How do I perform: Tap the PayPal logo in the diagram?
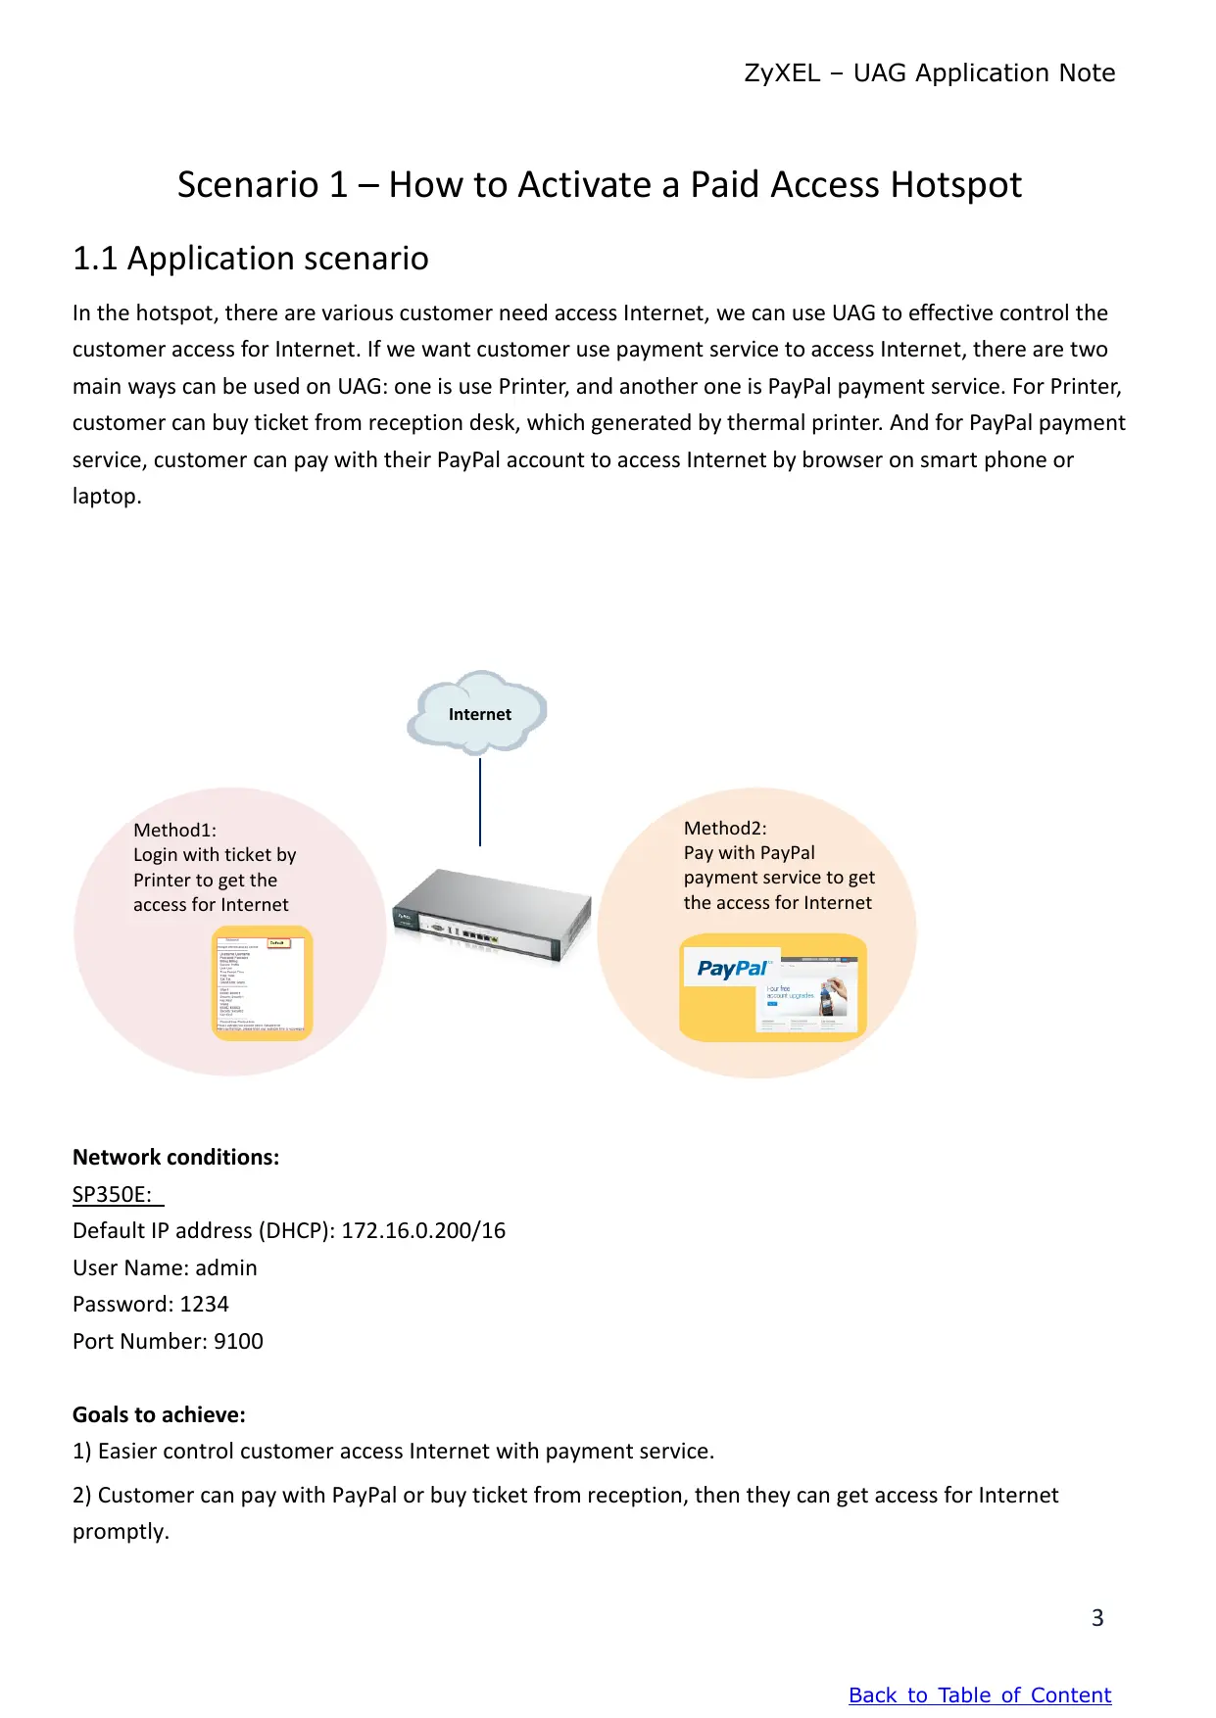coord(732,969)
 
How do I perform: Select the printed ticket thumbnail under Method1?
coord(263,983)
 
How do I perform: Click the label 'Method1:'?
coord(175,831)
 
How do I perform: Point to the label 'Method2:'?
coord(725,829)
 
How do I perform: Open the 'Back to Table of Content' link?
coord(980,1694)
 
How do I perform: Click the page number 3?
coord(1097,1618)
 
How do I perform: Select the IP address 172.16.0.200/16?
coord(423,1231)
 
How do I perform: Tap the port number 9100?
coord(238,1342)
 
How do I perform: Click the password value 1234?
coord(204,1305)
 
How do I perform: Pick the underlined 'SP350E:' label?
coord(113,1195)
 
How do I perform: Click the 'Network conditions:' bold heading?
coord(176,1158)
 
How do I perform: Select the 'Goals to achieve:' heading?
coord(159,1415)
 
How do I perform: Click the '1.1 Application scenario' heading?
coord(251,259)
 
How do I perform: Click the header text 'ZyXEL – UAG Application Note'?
coord(929,73)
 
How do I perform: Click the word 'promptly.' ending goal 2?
coord(121,1532)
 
